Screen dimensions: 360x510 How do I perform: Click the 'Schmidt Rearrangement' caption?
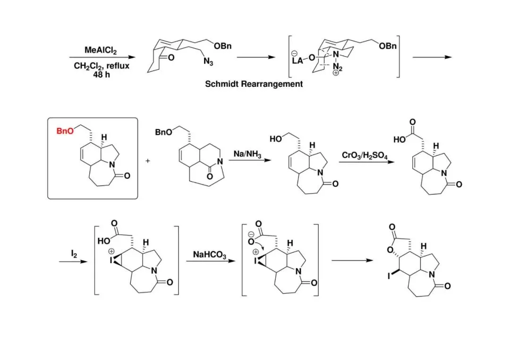tap(254, 84)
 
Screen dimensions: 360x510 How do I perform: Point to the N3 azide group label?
tap(208, 62)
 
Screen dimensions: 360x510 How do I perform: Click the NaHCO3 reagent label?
tap(210, 255)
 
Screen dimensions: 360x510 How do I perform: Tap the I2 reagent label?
tap(74, 254)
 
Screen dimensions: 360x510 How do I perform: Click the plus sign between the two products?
tap(147, 161)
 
